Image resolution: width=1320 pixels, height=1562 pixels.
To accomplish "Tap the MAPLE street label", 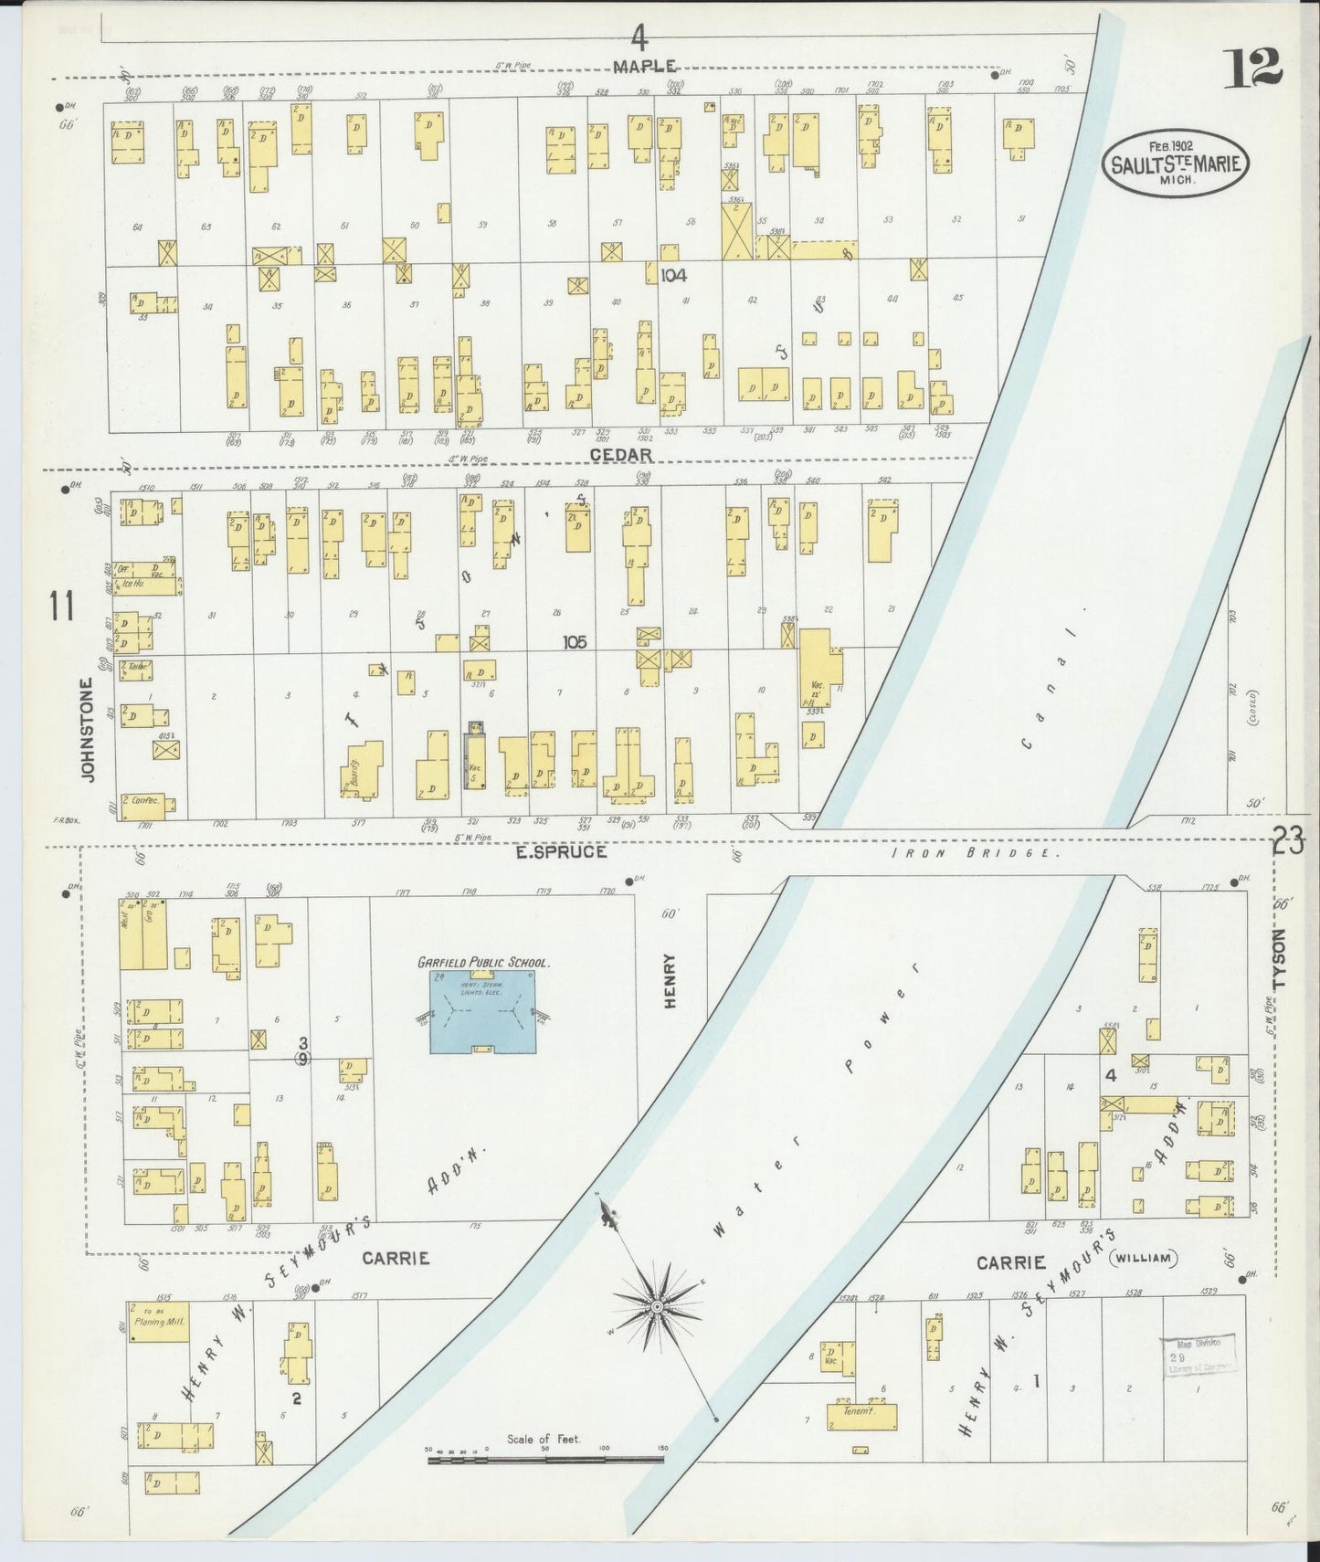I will [x=645, y=66].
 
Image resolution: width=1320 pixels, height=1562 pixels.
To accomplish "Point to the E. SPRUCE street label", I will [x=573, y=851].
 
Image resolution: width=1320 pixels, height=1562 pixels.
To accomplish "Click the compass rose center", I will [x=655, y=1310].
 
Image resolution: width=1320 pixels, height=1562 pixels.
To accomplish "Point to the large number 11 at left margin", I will [x=62, y=606].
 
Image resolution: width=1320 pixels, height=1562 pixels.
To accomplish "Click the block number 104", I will [x=673, y=274].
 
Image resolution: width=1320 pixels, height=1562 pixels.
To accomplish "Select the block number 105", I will [x=575, y=642].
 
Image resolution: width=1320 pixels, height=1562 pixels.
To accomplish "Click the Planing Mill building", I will [x=159, y=1321].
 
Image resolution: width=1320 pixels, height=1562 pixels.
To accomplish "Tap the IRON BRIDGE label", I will [x=976, y=852].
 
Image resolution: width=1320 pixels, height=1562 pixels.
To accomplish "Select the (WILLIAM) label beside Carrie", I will [x=1142, y=1259].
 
